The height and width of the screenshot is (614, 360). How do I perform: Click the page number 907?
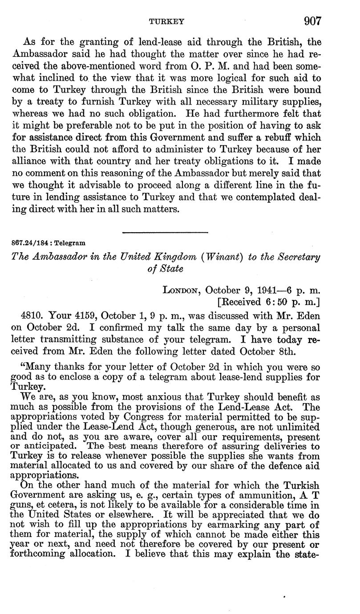(x=313, y=20)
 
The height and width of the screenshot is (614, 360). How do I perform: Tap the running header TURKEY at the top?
(x=166, y=21)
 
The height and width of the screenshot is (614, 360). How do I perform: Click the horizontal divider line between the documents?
(x=165, y=232)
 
